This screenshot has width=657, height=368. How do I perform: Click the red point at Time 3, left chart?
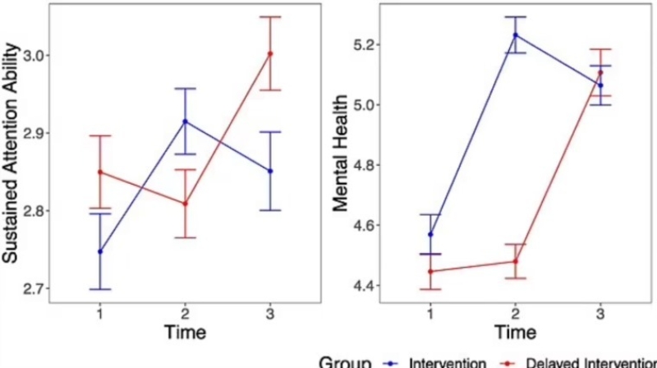[270, 53]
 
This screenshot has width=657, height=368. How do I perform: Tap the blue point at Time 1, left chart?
[100, 251]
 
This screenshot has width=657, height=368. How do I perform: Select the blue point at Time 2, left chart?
[185, 122]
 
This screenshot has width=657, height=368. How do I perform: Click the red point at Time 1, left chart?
[100, 172]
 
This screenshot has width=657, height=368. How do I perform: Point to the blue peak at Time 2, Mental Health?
[515, 34]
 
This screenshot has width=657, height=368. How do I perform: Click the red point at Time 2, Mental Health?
[515, 261]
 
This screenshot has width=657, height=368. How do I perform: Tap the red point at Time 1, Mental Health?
[430, 271]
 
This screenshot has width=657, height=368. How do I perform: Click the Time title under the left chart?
[184, 333]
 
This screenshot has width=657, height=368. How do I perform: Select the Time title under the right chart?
[515, 333]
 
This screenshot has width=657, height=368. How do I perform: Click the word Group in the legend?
[344, 362]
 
